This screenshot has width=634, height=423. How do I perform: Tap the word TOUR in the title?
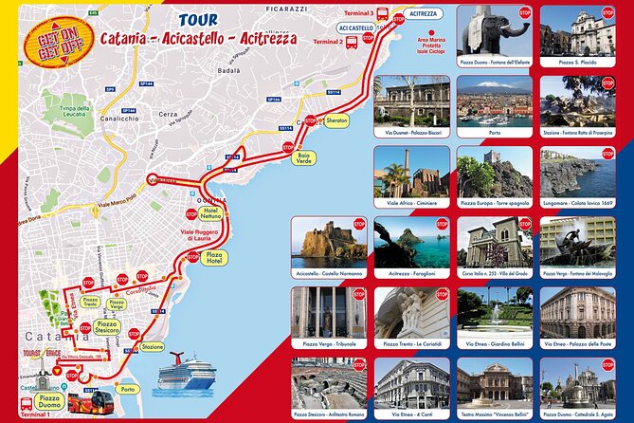tap(196, 19)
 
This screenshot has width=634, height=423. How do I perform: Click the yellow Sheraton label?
tap(336, 120)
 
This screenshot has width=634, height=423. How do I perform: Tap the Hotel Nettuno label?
tap(210, 211)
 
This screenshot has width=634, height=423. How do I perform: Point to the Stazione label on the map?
tap(153, 348)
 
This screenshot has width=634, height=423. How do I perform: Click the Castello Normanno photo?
tap(328, 244)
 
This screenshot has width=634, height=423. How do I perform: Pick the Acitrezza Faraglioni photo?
tap(410, 244)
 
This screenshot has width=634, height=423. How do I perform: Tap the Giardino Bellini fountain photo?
tap(493, 314)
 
